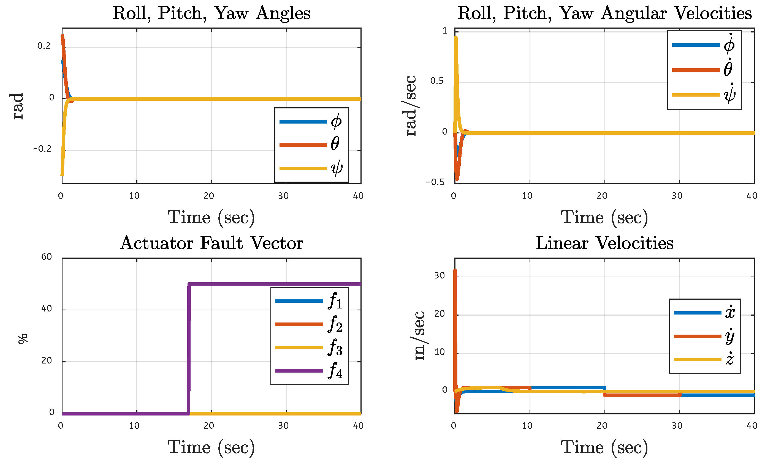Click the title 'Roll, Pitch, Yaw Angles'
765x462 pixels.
[x=211, y=13]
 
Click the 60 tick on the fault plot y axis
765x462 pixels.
[x=47, y=257]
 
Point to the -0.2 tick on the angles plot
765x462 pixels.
[x=42, y=149]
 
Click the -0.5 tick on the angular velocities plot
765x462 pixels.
[x=435, y=182]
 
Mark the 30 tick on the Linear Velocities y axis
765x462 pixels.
[x=439, y=275]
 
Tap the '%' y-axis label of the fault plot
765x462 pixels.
[x=23, y=339]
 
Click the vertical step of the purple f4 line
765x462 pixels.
[x=189, y=348]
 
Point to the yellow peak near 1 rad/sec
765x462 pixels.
[x=455, y=38]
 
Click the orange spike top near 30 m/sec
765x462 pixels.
[x=455, y=270]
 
